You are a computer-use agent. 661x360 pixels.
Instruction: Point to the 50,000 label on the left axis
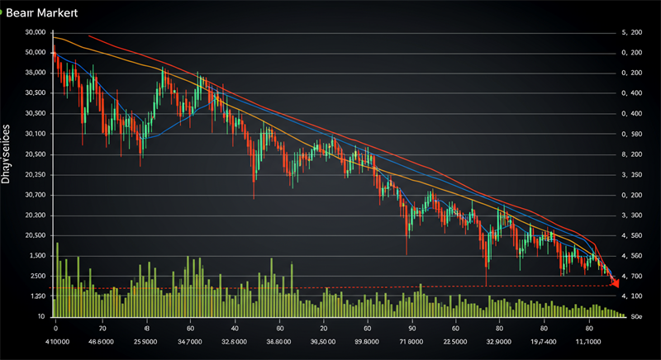pyautogui.click(x=35, y=52)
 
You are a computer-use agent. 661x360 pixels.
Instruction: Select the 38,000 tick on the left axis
pyautogui.click(x=35, y=73)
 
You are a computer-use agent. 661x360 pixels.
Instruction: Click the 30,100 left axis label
pyautogui.click(x=35, y=134)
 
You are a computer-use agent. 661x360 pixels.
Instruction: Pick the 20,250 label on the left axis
pyautogui.click(x=35, y=175)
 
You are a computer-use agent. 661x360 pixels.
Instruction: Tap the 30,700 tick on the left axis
pyautogui.click(x=35, y=195)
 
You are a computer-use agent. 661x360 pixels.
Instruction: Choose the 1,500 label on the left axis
pyautogui.click(x=35, y=256)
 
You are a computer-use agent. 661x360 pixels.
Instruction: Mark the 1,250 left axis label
pyautogui.click(x=35, y=296)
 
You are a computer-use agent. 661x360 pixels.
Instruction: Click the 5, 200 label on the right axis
pyautogui.click(x=630, y=32)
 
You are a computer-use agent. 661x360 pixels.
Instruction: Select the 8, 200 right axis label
pyautogui.click(x=630, y=154)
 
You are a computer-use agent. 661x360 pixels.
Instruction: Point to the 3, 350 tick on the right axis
pyautogui.click(x=630, y=175)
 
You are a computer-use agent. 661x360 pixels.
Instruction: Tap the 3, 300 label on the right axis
pyautogui.click(x=630, y=216)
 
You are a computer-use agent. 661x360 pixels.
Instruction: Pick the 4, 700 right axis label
pyautogui.click(x=630, y=277)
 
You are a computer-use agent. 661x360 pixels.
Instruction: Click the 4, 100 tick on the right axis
pyautogui.click(x=630, y=296)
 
